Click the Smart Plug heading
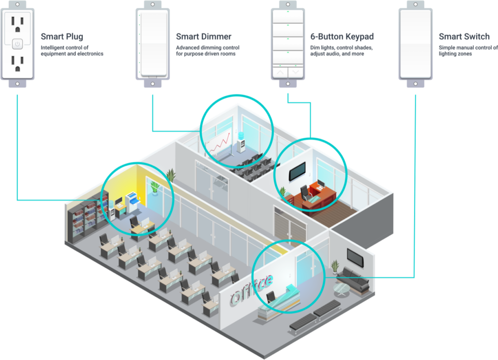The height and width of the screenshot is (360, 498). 61,37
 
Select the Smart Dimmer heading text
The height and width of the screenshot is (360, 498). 203,37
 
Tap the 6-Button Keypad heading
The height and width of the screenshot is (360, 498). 342,37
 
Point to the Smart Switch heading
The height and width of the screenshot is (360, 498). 464,37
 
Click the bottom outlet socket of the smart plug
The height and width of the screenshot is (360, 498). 18,63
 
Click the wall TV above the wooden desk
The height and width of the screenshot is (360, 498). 298,172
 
